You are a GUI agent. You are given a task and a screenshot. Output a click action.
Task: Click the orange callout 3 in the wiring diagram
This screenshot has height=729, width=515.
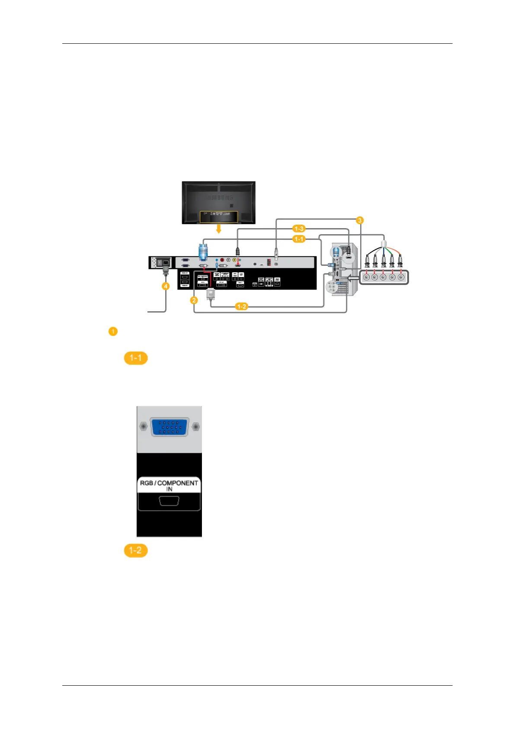point(359,220)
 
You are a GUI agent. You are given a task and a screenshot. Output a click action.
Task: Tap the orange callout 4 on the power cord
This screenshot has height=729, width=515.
point(166,286)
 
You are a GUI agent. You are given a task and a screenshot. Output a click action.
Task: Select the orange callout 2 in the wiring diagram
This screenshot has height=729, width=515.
point(194,300)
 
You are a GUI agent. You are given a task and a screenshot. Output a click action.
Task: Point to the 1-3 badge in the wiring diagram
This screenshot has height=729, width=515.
point(299,229)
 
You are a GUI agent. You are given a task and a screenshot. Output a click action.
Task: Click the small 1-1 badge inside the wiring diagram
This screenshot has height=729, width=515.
point(299,239)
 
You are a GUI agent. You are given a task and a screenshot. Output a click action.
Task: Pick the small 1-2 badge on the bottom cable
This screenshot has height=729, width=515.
point(241,306)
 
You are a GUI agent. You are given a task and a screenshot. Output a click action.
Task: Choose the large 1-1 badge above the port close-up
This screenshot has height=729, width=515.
point(136,358)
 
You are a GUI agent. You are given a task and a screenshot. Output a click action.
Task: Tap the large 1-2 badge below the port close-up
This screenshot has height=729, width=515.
point(136,550)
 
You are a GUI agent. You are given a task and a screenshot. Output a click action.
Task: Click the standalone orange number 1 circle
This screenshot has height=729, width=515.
point(113,332)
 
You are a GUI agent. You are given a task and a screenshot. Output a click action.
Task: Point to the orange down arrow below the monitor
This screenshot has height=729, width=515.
point(219,228)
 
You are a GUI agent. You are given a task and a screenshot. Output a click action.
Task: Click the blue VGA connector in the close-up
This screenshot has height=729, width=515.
point(169,427)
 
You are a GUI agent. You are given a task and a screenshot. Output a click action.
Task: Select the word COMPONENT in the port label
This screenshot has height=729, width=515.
point(178,483)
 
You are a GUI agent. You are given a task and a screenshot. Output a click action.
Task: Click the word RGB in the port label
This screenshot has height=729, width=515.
point(146,483)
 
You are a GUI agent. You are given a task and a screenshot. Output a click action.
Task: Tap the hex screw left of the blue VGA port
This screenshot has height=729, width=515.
point(144,427)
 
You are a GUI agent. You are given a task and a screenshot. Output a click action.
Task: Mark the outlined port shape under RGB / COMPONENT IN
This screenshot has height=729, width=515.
point(169,501)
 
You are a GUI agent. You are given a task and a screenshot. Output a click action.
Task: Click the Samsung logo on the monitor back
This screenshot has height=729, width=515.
point(219,197)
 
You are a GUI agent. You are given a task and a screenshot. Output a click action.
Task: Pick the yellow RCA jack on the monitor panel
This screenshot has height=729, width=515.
point(234,260)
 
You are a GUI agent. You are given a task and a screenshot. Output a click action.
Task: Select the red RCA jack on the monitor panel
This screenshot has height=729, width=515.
point(222,260)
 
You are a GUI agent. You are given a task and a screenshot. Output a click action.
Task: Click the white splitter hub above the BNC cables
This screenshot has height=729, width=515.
point(383,243)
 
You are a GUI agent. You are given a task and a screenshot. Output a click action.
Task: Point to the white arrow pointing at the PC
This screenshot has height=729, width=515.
point(354,279)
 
